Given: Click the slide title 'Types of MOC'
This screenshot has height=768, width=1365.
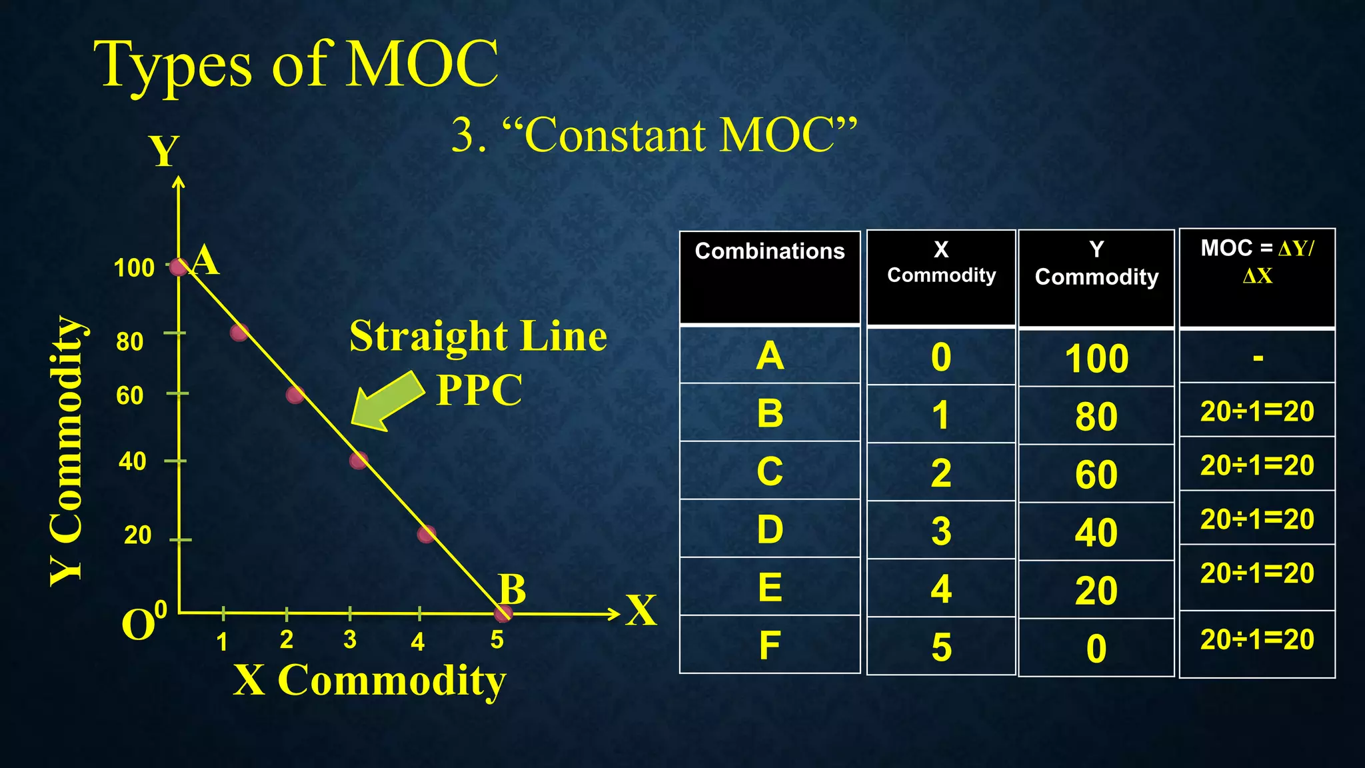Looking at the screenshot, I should (296, 65).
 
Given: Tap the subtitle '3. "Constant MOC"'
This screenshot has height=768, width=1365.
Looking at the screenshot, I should (654, 135).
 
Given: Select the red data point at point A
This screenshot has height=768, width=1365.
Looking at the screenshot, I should (178, 267).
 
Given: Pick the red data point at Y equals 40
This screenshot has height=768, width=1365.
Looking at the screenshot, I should (359, 460).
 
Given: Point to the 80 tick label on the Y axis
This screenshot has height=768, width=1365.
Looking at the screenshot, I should (130, 341).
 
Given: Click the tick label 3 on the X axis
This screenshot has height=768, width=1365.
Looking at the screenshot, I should (350, 640).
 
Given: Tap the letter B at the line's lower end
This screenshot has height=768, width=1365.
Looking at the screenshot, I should (513, 589).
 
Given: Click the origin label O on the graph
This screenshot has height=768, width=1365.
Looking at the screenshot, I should (139, 625).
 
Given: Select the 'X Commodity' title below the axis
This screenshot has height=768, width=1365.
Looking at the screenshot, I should (370, 681).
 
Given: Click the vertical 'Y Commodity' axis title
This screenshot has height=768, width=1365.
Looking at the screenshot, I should (67, 451).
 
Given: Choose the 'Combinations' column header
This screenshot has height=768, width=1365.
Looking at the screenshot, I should (769, 251).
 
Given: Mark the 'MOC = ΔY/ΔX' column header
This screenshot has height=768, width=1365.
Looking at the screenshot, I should (1257, 261).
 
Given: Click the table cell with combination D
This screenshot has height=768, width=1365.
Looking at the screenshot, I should (769, 529).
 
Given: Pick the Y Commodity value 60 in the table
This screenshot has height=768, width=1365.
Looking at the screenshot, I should (1096, 475).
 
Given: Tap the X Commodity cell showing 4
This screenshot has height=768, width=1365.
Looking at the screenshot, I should (940, 589).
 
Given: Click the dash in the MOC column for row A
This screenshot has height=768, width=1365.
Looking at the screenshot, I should (1258, 358).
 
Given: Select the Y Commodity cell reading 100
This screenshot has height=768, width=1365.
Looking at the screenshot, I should (1096, 359).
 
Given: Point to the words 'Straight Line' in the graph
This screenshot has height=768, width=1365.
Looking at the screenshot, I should (478, 336).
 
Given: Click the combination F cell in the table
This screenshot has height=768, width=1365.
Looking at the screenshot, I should (769, 645).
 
